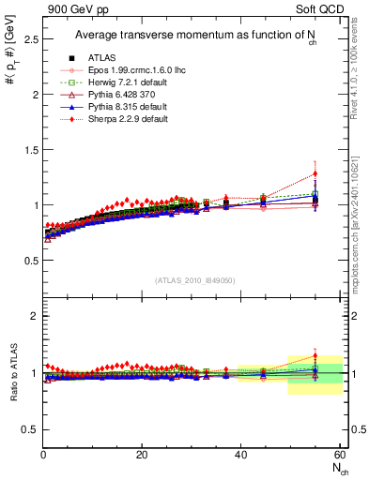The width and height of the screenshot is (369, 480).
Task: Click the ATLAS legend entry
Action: tap(99, 58)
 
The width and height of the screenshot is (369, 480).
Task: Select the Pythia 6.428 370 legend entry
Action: tap(112, 95)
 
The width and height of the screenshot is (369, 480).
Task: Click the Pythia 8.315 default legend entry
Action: tap(116, 107)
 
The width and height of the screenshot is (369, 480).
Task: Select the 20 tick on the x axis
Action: tap(142, 455)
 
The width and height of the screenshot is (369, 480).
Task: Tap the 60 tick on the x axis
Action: tap(339, 455)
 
